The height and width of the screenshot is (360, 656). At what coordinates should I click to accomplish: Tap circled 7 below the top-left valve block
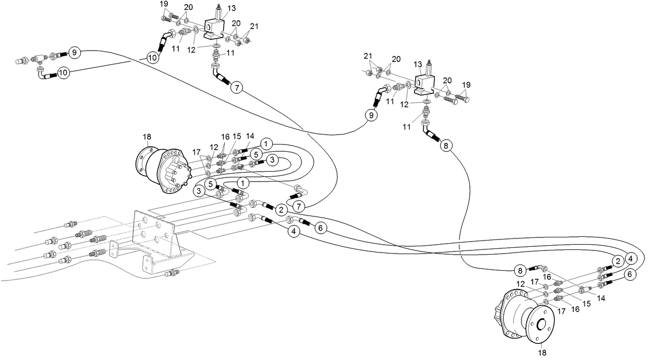coord(237,88)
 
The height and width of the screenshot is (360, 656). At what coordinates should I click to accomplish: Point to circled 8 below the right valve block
coord(446,146)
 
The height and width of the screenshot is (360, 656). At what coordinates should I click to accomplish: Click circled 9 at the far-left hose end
coord(75,52)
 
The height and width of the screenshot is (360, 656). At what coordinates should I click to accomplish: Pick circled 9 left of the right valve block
coord(371,115)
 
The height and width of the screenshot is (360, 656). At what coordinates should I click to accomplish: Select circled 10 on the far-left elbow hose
coord(63,73)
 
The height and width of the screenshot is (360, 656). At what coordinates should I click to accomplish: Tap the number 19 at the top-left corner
coord(164,4)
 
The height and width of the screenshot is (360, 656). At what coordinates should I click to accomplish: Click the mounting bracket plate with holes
coord(154,235)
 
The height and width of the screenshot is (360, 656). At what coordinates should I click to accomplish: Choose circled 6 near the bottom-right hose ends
coord(629,274)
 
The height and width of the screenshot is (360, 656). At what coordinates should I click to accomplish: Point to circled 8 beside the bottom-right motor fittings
coord(519,270)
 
